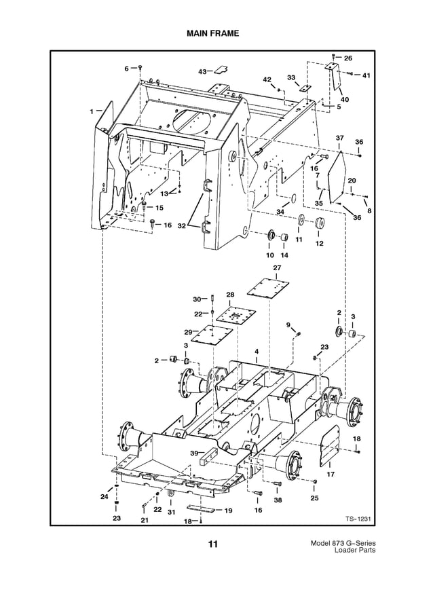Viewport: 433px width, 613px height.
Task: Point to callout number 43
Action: click(202, 71)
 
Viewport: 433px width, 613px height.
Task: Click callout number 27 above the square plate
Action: click(277, 269)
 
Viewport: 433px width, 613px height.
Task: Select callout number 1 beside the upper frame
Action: click(90, 111)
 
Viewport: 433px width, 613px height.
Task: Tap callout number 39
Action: click(193, 453)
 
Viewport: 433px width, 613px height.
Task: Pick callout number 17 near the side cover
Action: click(331, 475)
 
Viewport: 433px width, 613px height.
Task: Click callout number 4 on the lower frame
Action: click(257, 351)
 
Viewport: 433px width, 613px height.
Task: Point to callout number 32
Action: click(181, 225)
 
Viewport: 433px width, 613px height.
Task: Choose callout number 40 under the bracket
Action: click(345, 99)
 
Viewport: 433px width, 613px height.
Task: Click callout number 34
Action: click(280, 212)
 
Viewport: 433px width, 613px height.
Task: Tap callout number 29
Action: click(187, 331)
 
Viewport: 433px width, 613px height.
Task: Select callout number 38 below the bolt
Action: click(278, 500)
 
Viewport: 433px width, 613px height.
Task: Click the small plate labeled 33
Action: click(305, 89)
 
